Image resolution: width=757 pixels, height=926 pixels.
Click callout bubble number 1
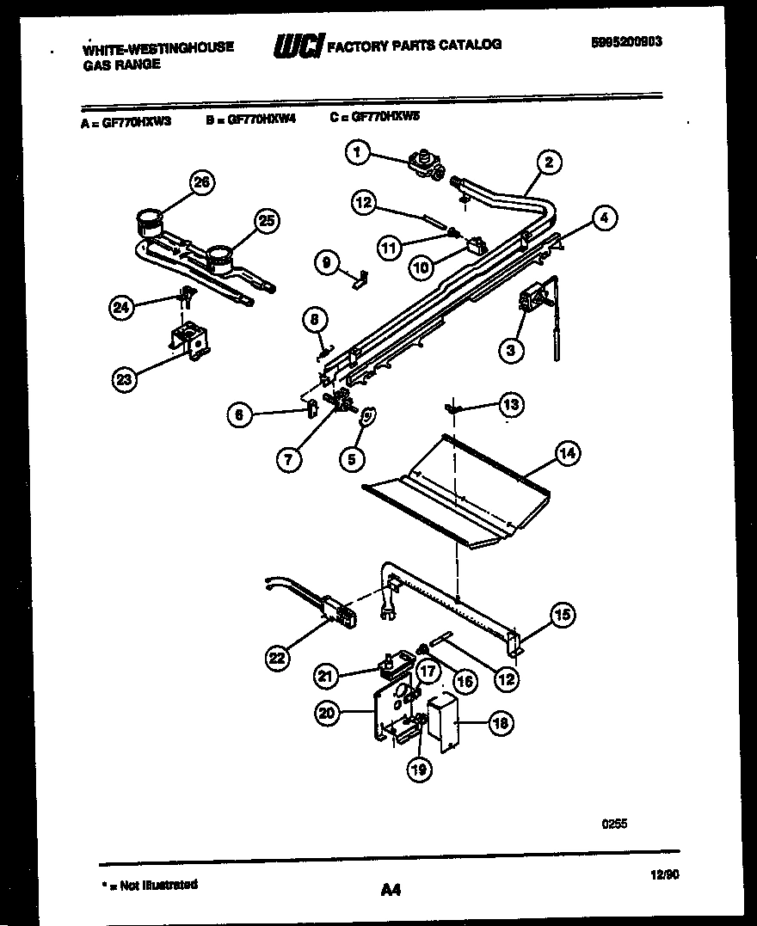pos(357,153)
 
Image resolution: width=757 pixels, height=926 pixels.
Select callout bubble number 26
pos(202,182)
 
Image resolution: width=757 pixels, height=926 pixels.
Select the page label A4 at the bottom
pos(391,890)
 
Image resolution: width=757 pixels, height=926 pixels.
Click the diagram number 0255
pos(614,823)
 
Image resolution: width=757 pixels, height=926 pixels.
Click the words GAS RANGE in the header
pos(120,64)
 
